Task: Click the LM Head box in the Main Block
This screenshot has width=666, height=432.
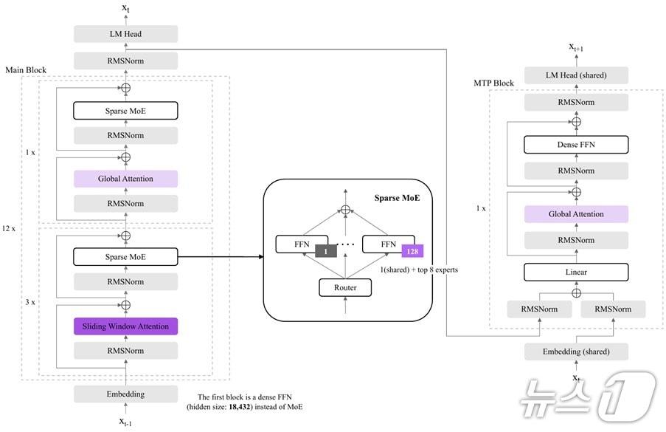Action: point(125,34)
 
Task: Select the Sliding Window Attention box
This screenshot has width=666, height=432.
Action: point(125,326)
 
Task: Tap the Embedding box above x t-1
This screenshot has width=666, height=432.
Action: point(125,394)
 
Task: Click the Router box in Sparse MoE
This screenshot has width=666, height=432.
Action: point(345,287)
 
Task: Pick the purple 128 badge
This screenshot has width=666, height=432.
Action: point(412,251)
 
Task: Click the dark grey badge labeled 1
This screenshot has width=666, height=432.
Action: point(325,251)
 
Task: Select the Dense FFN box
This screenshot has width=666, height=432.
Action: point(576,145)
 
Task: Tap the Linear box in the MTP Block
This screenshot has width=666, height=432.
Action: point(576,272)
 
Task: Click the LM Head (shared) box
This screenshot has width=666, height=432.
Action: point(576,75)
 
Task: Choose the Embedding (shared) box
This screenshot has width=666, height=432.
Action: point(576,352)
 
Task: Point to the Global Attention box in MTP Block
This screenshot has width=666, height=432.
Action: point(576,214)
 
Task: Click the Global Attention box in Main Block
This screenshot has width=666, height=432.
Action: point(125,179)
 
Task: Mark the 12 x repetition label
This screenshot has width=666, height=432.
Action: point(9,228)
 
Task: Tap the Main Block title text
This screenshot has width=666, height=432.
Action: point(26,70)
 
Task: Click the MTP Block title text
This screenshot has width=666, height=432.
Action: point(493,83)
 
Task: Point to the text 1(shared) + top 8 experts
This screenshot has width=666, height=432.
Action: point(419,270)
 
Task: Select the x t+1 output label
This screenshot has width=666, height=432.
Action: point(576,47)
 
